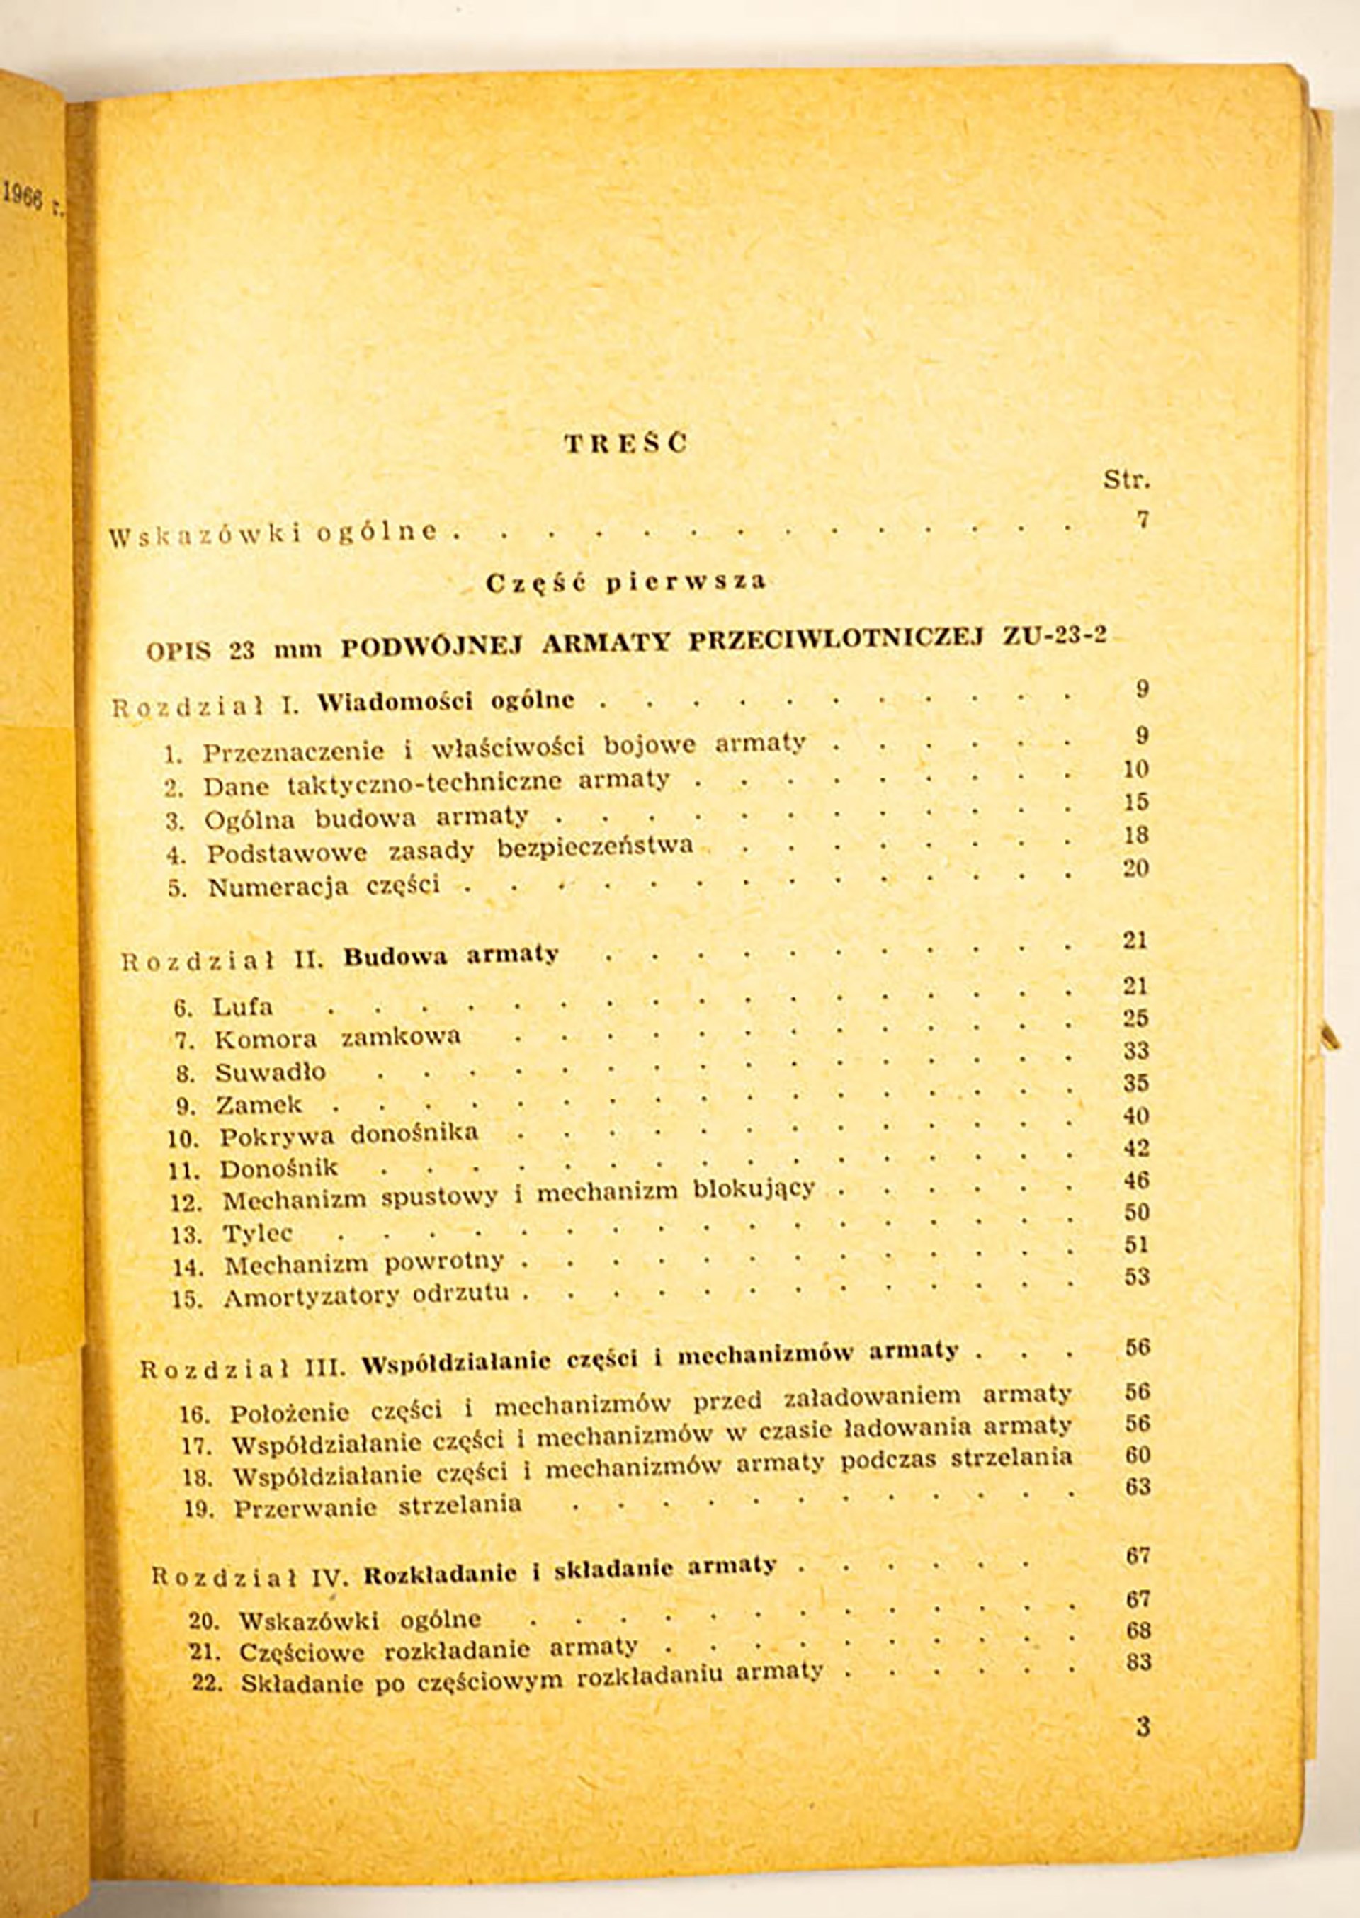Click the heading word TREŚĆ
626,443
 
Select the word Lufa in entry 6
243,1006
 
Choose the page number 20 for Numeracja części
1135,868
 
